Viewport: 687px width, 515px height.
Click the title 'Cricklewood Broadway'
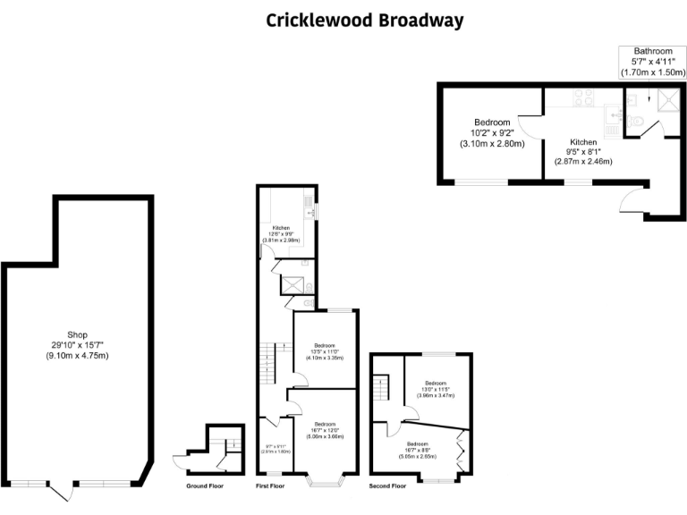click(x=364, y=20)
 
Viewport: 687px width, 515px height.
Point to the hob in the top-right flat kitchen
click(x=581, y=99)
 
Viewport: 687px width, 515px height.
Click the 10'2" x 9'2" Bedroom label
click(x=491, y=132)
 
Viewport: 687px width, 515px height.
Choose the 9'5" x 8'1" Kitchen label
click(x=583, y=152)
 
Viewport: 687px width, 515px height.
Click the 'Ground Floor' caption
click(x=205, y=486)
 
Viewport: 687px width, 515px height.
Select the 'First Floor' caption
click(x=269, y=486)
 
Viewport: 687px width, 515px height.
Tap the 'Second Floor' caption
click(x=387, y=486)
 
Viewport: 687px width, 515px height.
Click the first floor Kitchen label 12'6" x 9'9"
click(x=280, y=234)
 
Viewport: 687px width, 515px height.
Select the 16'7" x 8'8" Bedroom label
click(x=418, y=450)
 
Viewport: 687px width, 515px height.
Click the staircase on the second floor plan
click(x=382, y=389)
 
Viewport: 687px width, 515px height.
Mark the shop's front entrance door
click(x=60, y=490)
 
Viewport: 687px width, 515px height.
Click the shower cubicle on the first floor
click(x=292, y=285)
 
